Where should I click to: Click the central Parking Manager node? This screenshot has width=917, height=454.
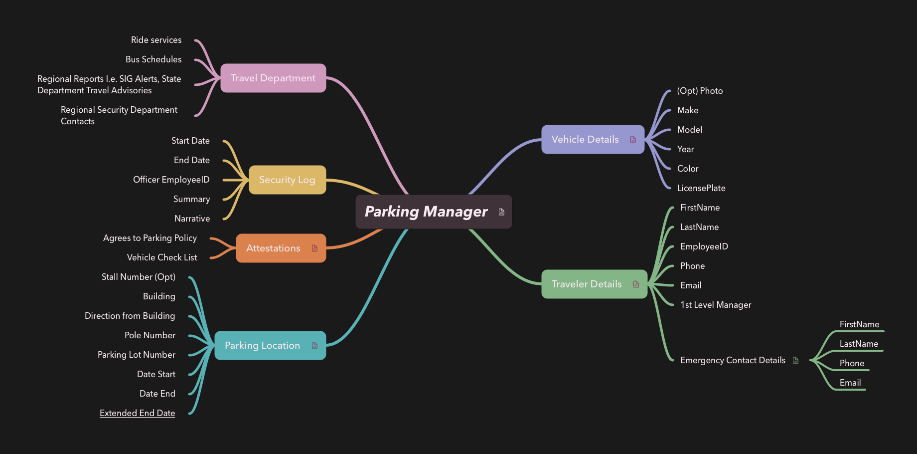click(x=426, y=212)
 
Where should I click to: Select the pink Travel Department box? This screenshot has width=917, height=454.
click(x=273, y=78)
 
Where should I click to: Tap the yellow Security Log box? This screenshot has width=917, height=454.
click(x=287, y=180)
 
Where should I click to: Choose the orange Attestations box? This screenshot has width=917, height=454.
click(x=274, y=248)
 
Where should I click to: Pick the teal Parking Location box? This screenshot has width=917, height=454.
click(x=263, y=345)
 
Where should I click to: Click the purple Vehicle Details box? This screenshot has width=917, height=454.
click(x=585, y=140)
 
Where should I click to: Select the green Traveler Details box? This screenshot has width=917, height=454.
click(x=587, y=284)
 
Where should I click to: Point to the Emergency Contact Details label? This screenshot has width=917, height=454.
click(x=733, y=360)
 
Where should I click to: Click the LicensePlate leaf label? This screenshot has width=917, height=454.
click(x=701, y=188)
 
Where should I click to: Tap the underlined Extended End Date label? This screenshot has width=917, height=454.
click(x=138, y=413)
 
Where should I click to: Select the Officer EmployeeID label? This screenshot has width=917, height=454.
click(x=171, y=180)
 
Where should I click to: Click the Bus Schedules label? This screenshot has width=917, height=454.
click(x=153, y=59)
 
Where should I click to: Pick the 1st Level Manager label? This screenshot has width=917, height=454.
click(x=716, y=305)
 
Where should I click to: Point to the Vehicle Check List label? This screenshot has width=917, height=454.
click(x=162, y=257)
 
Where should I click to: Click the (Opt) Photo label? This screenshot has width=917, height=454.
click(x=700, y=91)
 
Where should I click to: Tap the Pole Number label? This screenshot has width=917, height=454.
click(x=150, y=335)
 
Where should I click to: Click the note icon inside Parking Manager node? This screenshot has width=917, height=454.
click(x=501, y=212)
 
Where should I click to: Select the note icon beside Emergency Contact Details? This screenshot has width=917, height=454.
click(x=795, y=360)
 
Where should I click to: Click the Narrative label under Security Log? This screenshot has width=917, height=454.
click(x=192, y=219)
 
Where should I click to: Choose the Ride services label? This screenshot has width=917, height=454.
click(x=156, y=40)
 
